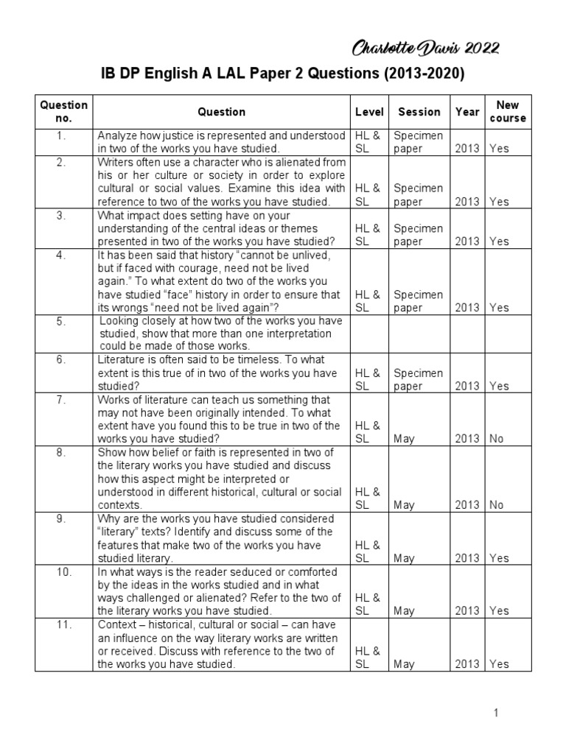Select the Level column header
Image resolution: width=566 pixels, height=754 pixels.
[369, 112]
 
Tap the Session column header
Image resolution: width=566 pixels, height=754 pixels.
[419, 112]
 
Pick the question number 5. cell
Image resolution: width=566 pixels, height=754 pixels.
[60, 321]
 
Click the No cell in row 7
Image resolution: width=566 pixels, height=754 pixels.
[498, 439]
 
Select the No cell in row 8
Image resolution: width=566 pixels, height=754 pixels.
[498, 505]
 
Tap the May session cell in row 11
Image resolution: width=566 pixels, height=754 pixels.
[405, 664]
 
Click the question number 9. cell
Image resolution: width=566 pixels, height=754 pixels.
[60, 519]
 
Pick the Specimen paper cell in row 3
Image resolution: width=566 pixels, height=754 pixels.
[418, 235]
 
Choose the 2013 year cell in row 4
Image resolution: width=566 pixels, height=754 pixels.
[467, 308]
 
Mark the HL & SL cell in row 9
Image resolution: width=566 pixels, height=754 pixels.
[368, 552]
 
